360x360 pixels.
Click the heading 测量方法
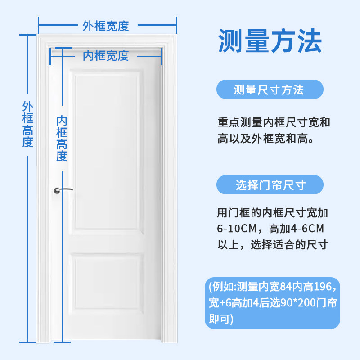point(270,41)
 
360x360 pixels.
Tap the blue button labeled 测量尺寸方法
point(269,90)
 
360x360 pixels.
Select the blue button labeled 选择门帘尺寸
point(270,184)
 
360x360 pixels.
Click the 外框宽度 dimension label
point(106,26)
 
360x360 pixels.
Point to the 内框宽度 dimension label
point(106,56)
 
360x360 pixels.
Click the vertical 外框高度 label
point(28,125)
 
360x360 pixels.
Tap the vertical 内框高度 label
point(62,138)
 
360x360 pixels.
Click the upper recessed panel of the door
point(108,153)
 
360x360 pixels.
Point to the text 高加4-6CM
point(296,229)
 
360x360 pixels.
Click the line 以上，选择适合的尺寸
point(273,245)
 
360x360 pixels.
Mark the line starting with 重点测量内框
point(274,122)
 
